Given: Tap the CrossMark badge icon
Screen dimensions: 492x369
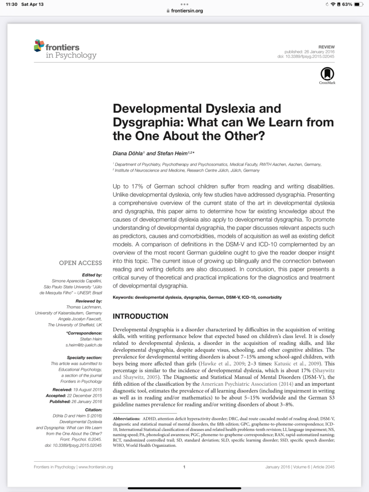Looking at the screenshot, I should point(327,74).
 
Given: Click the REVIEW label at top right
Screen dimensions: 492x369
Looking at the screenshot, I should point(326,47).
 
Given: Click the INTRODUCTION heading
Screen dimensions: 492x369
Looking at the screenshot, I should point(140,316).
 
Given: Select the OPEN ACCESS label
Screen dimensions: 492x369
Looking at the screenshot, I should point(80,263).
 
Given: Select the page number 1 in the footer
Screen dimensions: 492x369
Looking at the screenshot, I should point(184,467).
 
